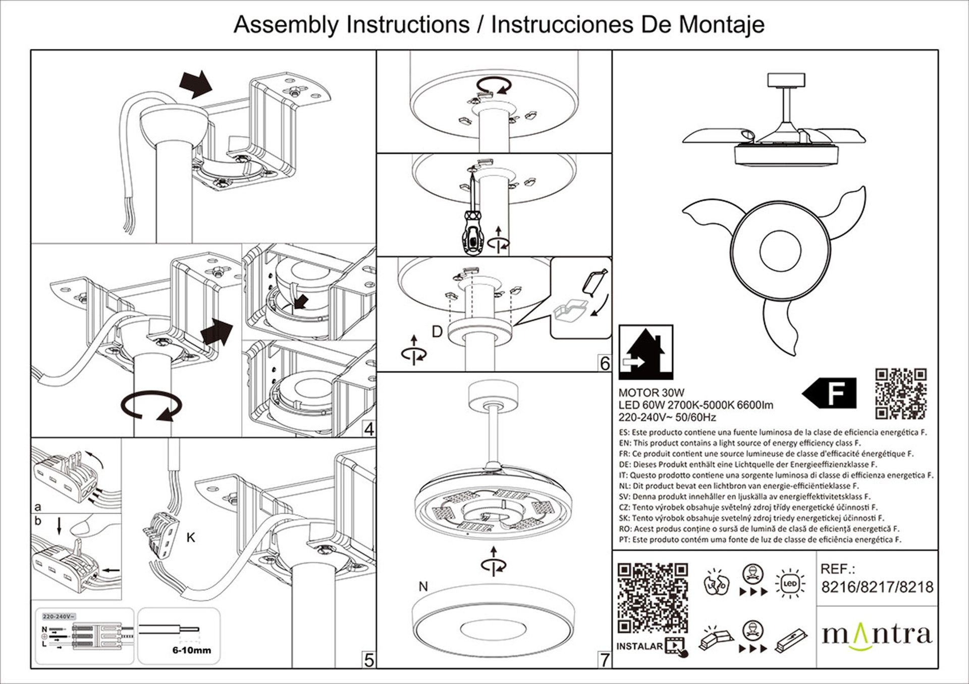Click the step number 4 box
(369, 429)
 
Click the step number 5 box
(369, 660)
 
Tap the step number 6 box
(605, 363)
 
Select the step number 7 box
(605, 660)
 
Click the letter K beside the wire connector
(191, 538)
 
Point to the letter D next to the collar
(437, 331)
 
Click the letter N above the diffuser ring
(423, 587)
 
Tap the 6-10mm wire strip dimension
(192, 650)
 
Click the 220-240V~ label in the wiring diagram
(59, 616)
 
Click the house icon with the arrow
(645, 352)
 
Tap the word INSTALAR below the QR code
(639, 646)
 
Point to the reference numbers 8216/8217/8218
(877, 587)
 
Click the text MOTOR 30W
(651, 392)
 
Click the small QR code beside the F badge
(901, 393)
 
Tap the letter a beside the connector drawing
(38, 507)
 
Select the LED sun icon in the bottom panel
(790, 584)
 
